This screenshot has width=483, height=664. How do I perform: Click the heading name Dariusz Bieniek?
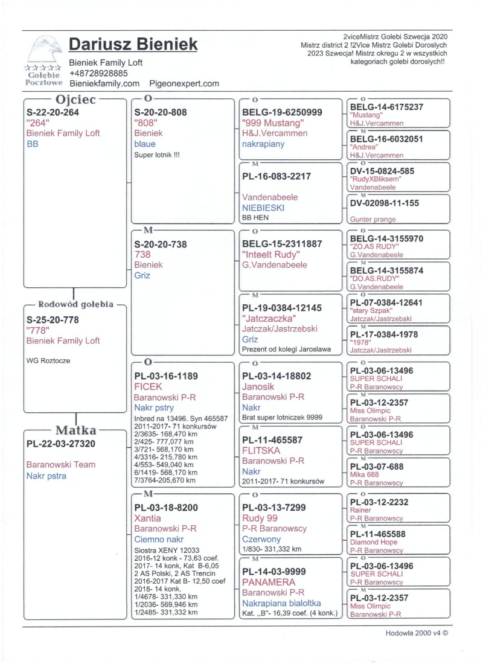pyautogui.click(x=133, y=44)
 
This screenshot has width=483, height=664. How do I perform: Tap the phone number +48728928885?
pyautogui.click(x=98, y=73)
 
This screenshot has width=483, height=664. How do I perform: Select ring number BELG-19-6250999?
pyautogui.click(x=282, y=112)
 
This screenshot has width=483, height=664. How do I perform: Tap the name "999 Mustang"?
pyautogui.click(x=272, y=123)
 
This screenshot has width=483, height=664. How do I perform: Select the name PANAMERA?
pyautogui.click(x=269, y=582)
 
